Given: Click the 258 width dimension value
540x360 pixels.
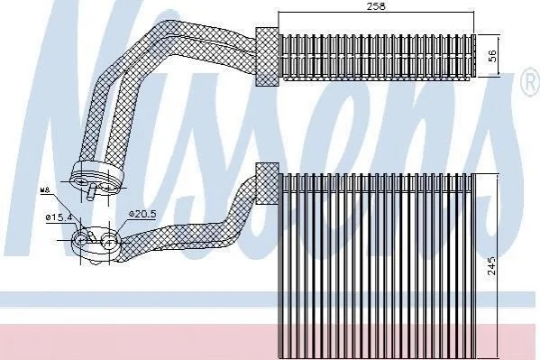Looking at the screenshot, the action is click(376, 5).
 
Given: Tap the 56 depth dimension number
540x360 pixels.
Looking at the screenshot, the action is click(493, 56).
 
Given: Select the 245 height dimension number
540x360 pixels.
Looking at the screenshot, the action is click(492, 265).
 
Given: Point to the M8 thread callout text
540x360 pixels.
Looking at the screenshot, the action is click(45, 190).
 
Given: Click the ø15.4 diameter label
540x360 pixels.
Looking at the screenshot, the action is click(59, 217).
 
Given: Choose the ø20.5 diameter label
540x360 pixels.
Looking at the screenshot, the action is click(142, 214).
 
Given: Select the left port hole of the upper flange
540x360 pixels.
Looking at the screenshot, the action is click(81, 181).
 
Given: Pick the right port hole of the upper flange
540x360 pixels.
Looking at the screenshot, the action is click(107, 188).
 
